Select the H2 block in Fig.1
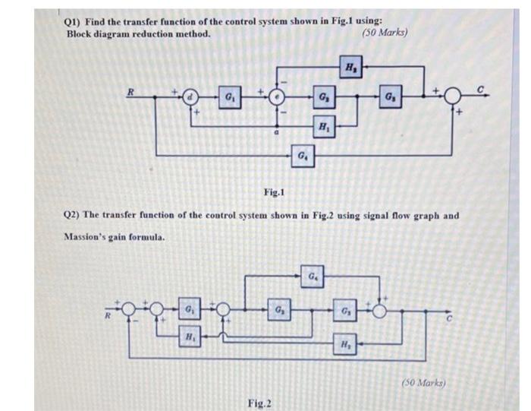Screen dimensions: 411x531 pos(350,65)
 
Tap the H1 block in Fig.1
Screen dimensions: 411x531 pos(324,124)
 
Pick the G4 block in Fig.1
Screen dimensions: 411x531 pos(302,157)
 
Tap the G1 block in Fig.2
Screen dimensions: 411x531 pos(187,310)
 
